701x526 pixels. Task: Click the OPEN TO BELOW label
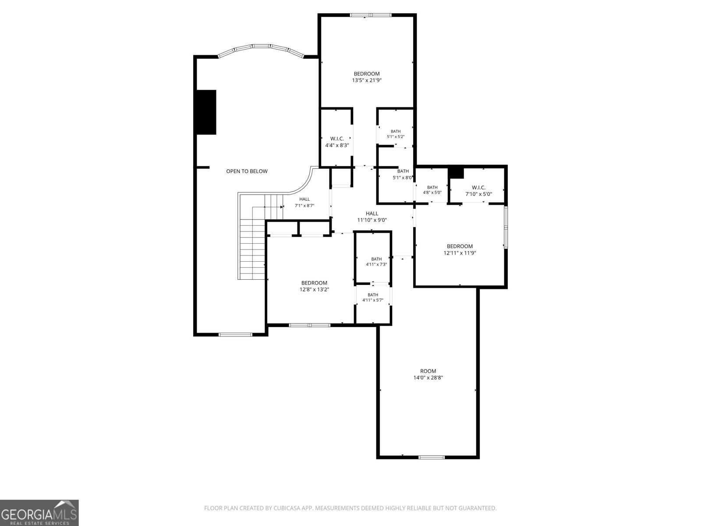click(247, 171)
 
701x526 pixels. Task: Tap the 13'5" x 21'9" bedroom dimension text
click(367, 81)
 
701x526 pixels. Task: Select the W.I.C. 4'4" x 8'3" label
click(337, 142)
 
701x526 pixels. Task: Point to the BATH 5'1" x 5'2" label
click(396, 134)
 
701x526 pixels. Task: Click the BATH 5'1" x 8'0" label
click(402, 174)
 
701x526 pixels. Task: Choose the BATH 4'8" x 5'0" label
click(432, 190)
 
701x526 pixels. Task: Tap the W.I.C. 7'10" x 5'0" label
click(478, 191)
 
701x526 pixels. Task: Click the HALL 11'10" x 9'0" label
click(372, 217)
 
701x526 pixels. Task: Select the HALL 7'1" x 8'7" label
click(304, 202)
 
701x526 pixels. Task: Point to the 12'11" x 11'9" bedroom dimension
click(460, 253)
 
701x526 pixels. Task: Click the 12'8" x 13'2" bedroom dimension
click(314, 290)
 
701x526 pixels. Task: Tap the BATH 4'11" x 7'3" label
click(376, 262)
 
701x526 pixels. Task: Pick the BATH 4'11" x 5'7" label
click(373, 297)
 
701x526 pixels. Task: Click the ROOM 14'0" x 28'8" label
click(428, 374)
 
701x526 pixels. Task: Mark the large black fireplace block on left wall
click(206, 112)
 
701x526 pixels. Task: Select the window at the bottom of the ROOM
click(431, 457)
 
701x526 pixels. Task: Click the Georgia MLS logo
click(39, 512)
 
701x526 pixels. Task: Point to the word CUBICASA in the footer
click(286, 508)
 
